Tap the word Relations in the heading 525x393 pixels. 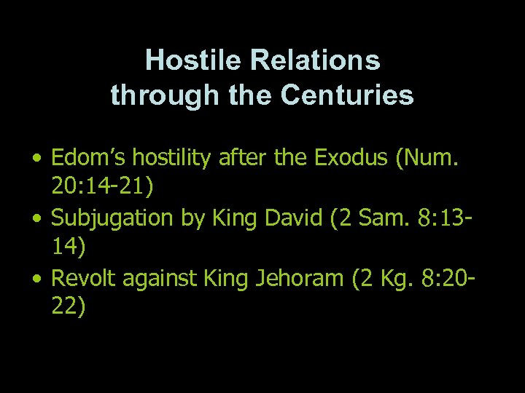pyautogui.click(x=315, y=60)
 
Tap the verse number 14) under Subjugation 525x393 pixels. pyautogui.click(x=69, y=247)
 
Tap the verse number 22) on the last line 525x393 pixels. pyautogui.click(x=69, y=307)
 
